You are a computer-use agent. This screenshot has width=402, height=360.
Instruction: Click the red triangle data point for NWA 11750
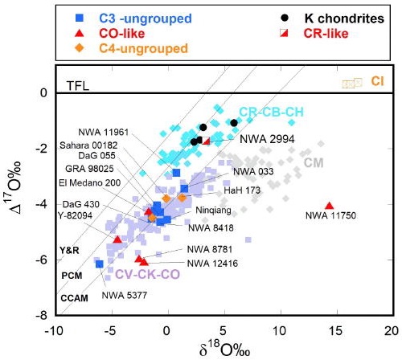click(329, 206)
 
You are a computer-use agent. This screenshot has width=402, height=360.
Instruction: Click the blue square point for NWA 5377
click(100, 264)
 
